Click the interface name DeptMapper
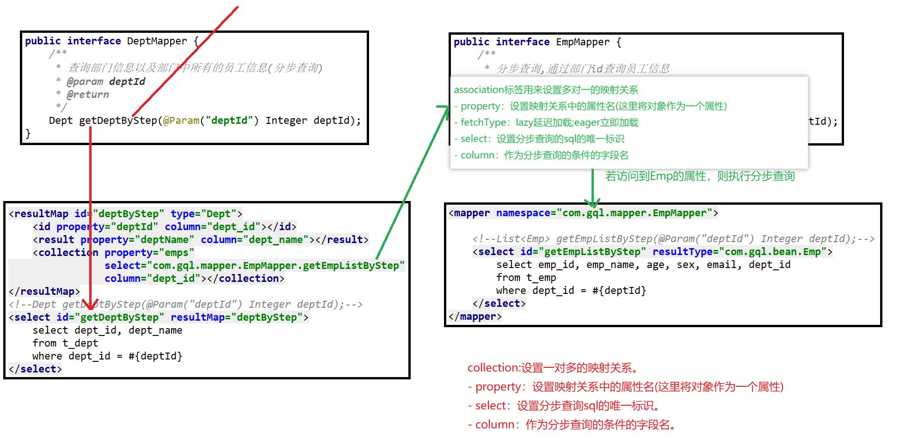157,41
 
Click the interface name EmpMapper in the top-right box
582,42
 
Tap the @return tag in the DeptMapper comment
88,95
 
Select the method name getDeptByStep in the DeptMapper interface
118,121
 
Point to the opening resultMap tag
39,214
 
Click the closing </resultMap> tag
44,292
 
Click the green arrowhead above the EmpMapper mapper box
592,203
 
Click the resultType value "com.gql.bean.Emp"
773,252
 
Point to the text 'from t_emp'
526,278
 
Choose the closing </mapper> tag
475,317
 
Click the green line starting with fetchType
546,122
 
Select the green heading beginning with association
546,90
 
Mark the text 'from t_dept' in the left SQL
65,343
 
